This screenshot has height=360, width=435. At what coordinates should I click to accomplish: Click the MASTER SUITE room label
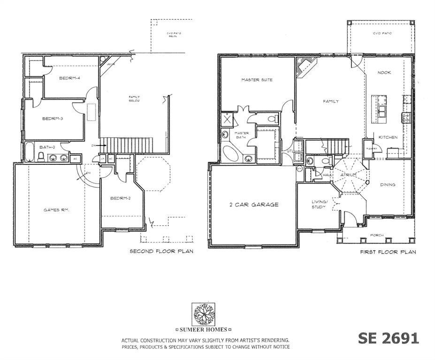point(257,80)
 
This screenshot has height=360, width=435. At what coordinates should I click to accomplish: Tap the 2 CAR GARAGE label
point(253,205)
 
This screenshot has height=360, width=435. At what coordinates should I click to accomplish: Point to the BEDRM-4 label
point(69,78)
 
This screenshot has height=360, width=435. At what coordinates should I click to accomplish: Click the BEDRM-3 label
point(53,119)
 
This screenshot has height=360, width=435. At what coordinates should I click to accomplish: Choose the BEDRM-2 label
point(121,199)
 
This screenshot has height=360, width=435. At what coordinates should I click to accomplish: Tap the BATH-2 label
point(47,147)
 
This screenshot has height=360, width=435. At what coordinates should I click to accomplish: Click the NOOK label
point(384,73)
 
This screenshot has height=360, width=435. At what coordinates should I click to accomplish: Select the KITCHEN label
point(388,138)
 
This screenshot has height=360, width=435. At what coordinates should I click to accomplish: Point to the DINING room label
point(387,184)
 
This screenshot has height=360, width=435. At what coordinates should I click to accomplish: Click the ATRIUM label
point(348,175)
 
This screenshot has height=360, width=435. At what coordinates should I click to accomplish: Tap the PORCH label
point(377,235)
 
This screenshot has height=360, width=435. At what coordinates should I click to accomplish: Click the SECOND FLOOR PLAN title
point(161,252)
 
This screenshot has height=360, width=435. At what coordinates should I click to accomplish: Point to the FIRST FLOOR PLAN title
point(388,252)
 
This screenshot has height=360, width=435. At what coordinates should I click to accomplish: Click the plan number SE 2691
point(388,338)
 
